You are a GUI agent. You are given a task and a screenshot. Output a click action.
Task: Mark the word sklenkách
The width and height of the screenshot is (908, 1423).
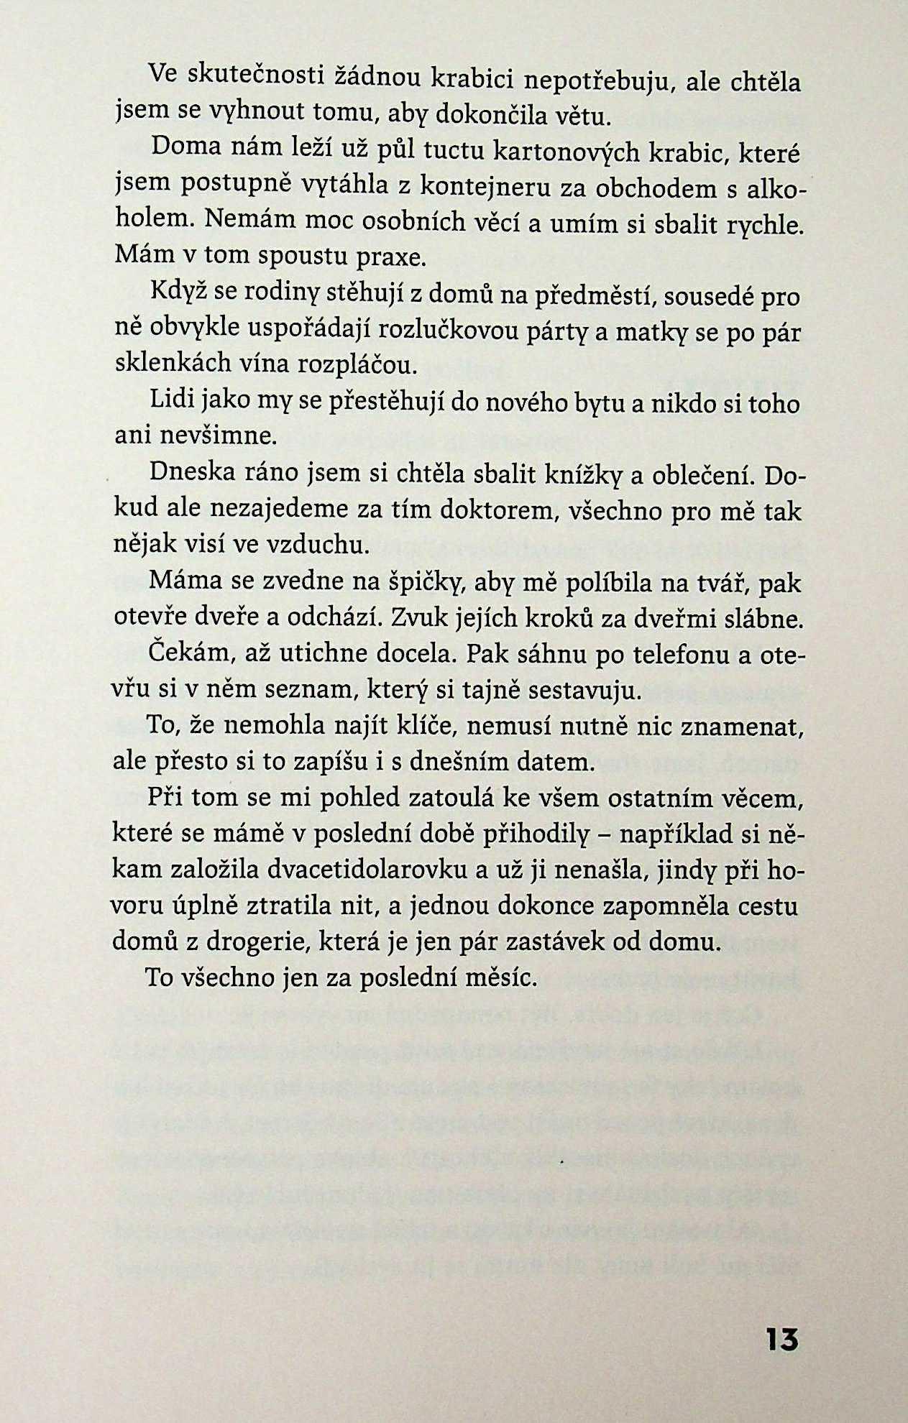(179, 365)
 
